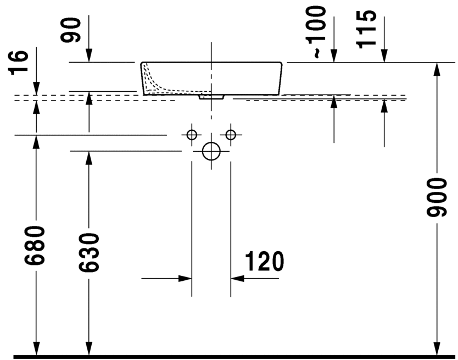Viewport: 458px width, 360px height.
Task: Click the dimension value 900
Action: pyautogui.click(x=437, y=198)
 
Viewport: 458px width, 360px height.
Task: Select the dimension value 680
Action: pyautogui.click(x=35, y=245)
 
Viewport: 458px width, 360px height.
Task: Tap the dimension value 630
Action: pyautogui.click(x=89, y=253)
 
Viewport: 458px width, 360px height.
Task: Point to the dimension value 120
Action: pyautogui.click(x=264, y=261)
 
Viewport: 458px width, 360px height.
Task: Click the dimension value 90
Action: pyautogui.click(x=70, y=30)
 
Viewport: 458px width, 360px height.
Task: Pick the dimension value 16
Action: pyautogui.click(x=19, y=63)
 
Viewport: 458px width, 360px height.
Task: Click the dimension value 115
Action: pyautogui.click(x=366, y=29)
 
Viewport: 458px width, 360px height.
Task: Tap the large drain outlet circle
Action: pyautogui.click(x=211, y=151)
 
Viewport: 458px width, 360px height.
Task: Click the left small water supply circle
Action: pyautogui.click(x=192, y=135)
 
